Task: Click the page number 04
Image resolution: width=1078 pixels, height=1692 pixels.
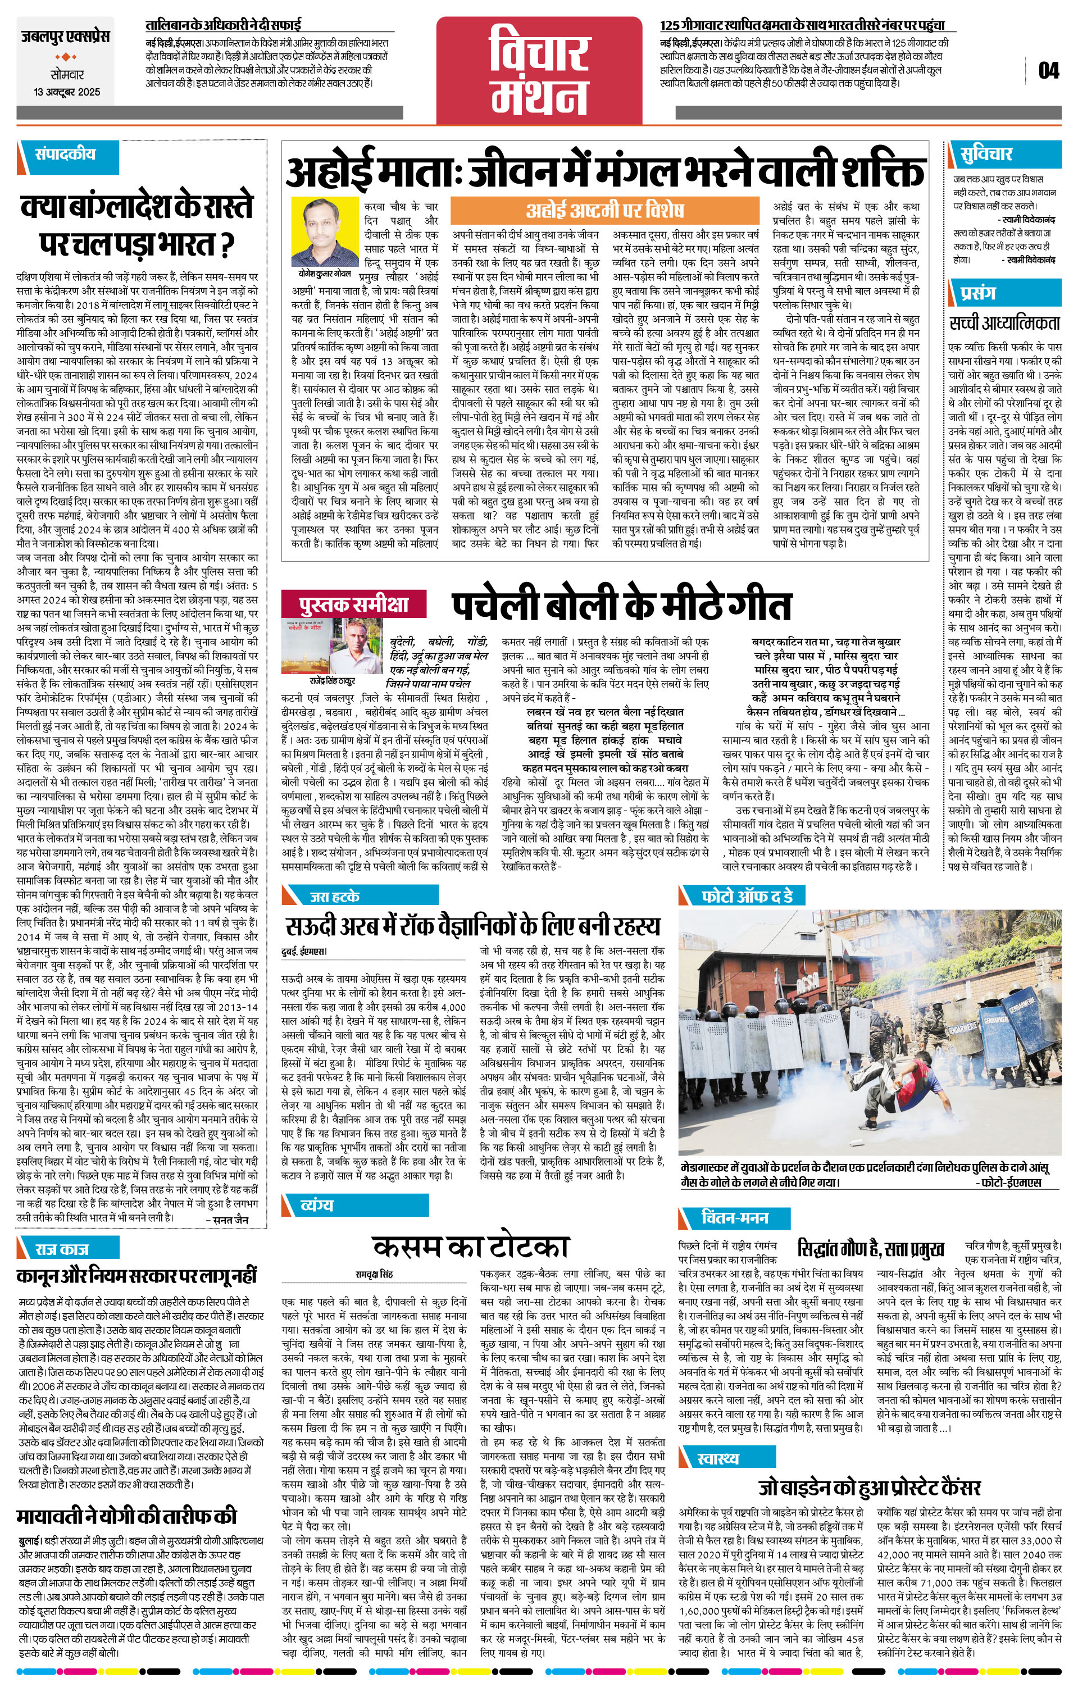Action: click(1048, 71)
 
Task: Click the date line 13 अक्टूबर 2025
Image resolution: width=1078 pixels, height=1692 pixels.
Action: click(67, 92)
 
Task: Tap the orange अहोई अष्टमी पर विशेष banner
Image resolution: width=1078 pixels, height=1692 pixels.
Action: click(604, 210)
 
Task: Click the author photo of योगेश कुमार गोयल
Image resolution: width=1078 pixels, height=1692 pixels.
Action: click(325, 232)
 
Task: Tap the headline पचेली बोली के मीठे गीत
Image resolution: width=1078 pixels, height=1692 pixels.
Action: click(621, 606)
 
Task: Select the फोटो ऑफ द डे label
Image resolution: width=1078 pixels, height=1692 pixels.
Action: click(748, 896)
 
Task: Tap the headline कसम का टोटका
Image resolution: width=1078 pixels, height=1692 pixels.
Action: click(470, 1247)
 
